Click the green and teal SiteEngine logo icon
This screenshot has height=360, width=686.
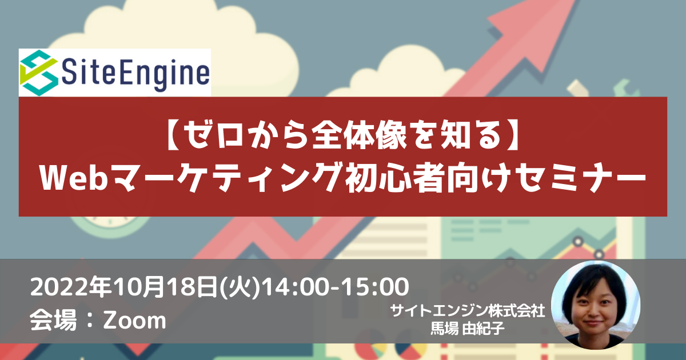[x=39, y=73]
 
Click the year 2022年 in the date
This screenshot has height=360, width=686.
[x=71, y=287]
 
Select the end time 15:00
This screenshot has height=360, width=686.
[x=376, y=287]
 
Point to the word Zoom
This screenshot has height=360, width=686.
[x=135, y=321]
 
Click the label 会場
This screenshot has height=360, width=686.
[x=53, y=320]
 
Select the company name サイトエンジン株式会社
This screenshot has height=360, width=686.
[x=468, y=311]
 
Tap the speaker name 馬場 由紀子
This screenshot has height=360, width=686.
[x=468, y=328]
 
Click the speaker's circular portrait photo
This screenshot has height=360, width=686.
[x=596, y=305]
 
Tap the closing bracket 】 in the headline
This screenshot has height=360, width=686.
[x=510, y=135]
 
